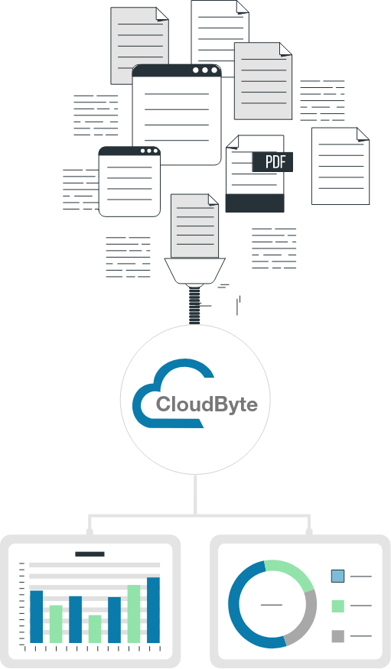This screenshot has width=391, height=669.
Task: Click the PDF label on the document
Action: [x=272, y=162]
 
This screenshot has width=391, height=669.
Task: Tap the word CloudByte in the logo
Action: [x=207, y=404]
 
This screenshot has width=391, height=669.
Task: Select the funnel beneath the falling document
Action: [x=194, y=271]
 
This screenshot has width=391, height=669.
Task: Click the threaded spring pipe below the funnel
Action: [x=194, y=304]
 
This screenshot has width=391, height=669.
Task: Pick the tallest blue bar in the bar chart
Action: [x=153, y=610]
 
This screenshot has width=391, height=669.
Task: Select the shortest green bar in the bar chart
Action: [x=95, y=629]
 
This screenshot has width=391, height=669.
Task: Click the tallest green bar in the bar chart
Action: [x=134, y=614]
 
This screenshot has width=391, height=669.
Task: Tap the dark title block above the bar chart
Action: [x=90, y=554]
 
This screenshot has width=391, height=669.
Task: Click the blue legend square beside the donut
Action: [x=337, y=576]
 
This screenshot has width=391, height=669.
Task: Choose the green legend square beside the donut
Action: [x=337, y=606]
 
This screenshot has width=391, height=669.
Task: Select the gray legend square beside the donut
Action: [x=337, y=636]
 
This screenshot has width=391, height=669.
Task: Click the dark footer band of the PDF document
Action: [x=255, y=203]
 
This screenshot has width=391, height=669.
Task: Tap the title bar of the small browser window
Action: [x=129, y=151]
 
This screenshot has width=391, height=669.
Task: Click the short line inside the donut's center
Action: [x=272, y=605]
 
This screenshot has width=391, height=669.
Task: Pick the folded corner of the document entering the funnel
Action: [x=213, y=200]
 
